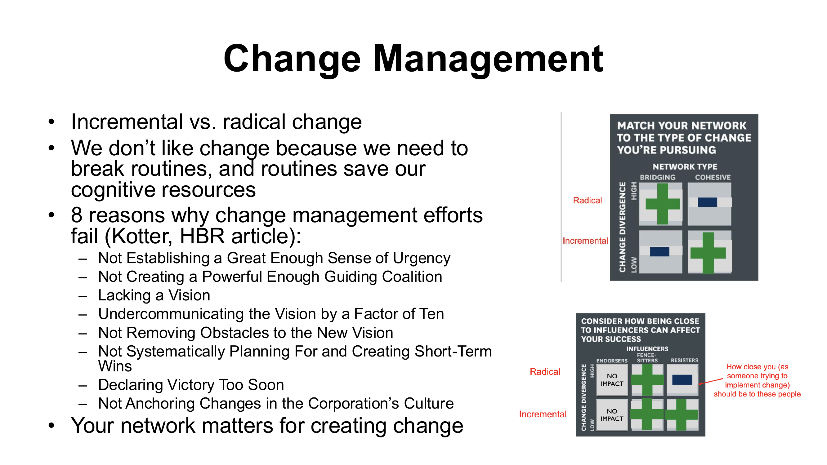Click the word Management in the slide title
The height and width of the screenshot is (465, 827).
[x=488, y=60]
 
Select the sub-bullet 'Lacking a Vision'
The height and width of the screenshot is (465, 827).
[x=154, y=295]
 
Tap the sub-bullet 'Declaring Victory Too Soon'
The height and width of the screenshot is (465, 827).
[x=191, y=385]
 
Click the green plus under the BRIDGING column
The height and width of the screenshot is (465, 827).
[x=662, y=204]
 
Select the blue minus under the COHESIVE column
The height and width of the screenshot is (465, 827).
[x=708, y=202]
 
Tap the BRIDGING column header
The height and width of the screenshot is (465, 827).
[x=658, y=177]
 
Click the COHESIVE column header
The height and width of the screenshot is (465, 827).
[x=713, y=177]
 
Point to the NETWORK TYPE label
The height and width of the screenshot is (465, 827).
[x=685, y=166]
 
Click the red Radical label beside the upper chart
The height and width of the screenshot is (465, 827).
[x=587, y=201]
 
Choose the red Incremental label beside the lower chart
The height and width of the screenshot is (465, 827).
[x=543, y=414]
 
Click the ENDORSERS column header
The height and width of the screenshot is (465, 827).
[x=612, y=361]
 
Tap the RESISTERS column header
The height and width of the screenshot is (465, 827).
[x=684, y=361]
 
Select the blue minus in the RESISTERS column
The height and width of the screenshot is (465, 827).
[x=682, y=380]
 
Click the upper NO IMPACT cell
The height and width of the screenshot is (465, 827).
[x=612, y=380]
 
